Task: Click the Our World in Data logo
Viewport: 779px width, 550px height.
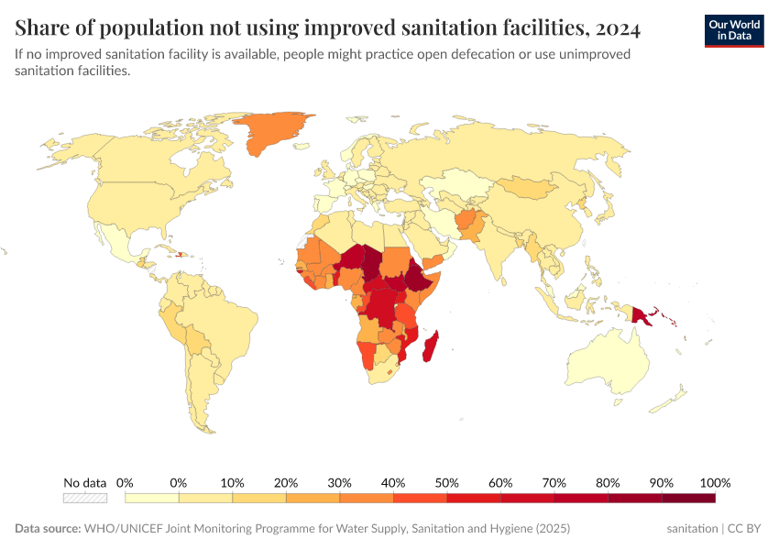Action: [733, 30]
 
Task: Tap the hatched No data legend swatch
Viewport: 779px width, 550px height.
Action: [85, 498]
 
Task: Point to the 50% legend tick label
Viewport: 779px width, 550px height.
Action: [446, 482]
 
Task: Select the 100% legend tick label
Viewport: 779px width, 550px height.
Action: [715, 482]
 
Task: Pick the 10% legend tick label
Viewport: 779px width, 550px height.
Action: [232, 482]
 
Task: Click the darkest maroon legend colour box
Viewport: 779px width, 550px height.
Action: [688, 498]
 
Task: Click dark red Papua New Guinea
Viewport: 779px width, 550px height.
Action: [639, 313]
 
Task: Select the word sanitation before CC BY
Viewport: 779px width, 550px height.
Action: [693, 529]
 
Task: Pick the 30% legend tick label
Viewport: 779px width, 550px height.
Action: [339, 482]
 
